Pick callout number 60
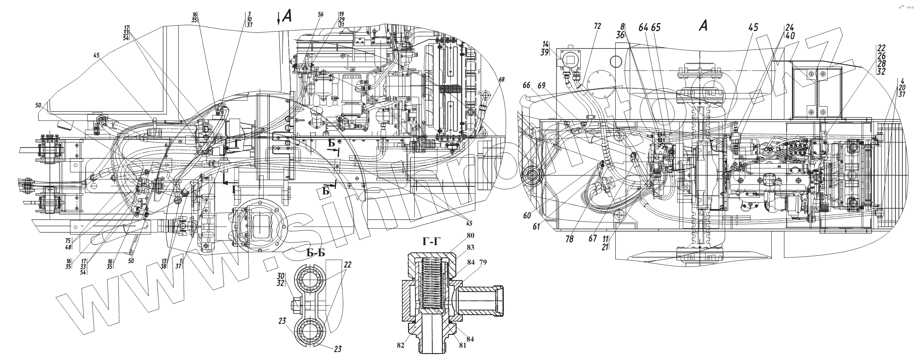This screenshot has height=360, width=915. point(526,216)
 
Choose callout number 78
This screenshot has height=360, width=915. point(569,239)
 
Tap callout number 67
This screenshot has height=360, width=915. point(593,239)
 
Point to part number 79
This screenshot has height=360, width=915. point(483,262)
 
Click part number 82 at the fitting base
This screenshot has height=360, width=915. point(401,345)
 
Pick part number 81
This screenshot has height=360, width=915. point(462,345)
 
